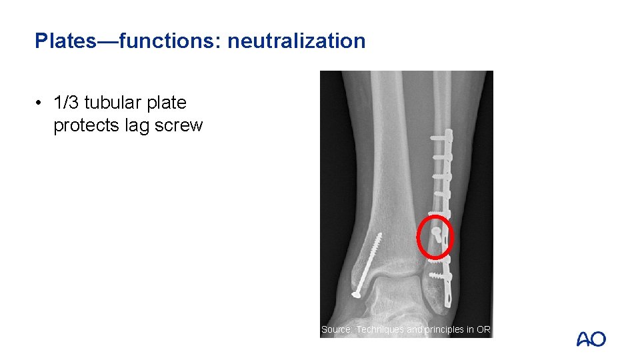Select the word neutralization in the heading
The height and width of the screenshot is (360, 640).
(297, 41)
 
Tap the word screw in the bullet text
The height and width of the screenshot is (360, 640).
(180, 125)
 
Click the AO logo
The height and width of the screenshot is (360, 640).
(591, 339)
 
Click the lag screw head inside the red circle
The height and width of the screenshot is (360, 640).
(435, 231)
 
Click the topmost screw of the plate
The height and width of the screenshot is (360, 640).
(440, 138)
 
